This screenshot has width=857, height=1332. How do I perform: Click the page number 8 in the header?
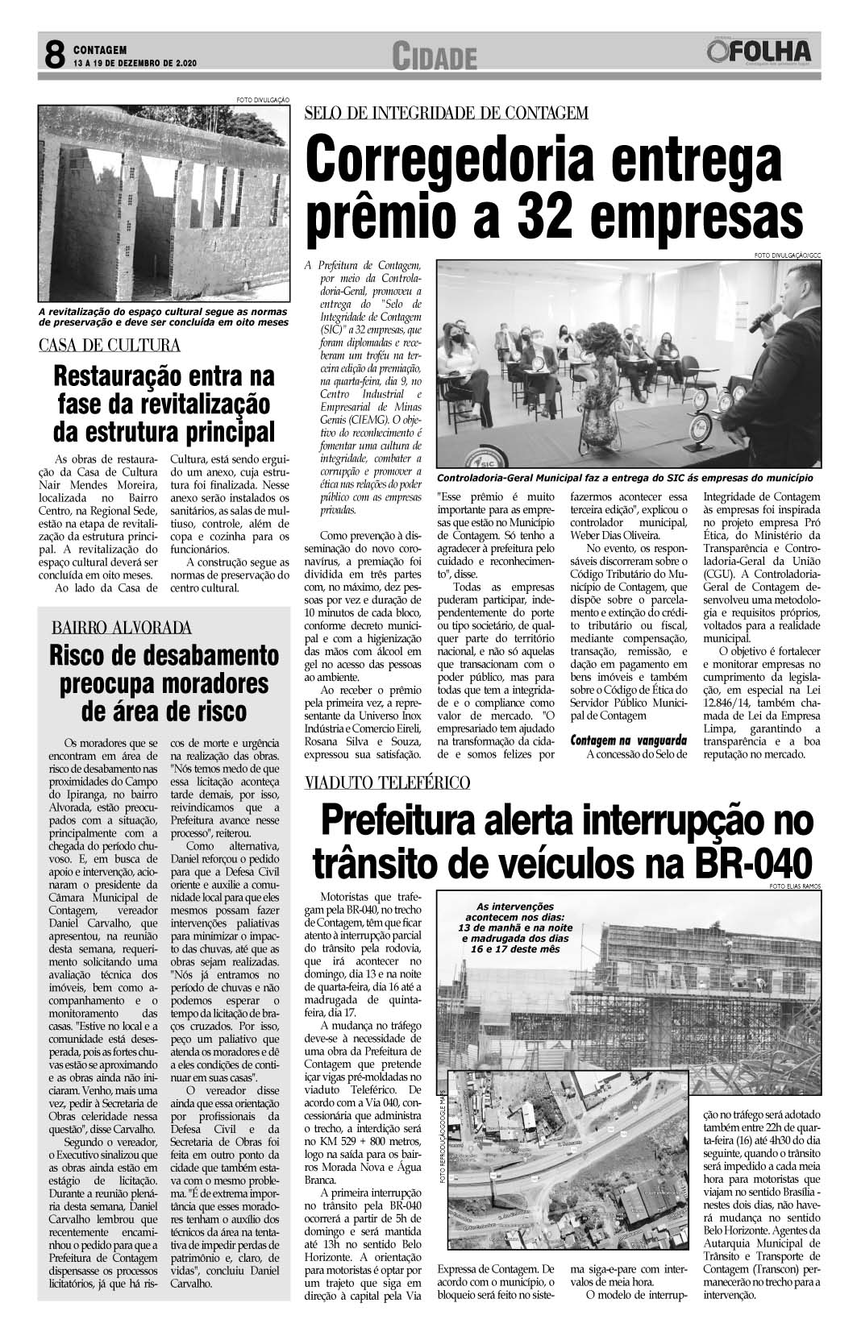coord(54,56)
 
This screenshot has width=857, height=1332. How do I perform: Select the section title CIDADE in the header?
coord(435,57)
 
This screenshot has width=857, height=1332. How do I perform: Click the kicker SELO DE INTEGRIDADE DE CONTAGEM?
coord(447,113)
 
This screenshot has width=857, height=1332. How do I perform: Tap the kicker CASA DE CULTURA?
coord(110,346)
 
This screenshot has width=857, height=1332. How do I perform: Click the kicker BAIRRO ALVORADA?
coord(123,628)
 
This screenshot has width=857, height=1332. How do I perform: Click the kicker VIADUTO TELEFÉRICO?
coord(388,782)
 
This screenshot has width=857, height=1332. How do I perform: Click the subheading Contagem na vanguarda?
coord(629,740)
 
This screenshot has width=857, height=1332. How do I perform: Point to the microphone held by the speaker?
coord(761,319)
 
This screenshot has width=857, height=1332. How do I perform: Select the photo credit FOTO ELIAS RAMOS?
coord(797,886)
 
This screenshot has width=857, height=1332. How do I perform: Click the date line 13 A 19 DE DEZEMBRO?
coord(135,63)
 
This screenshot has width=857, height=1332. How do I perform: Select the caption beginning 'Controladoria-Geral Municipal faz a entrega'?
coord(625,479)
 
